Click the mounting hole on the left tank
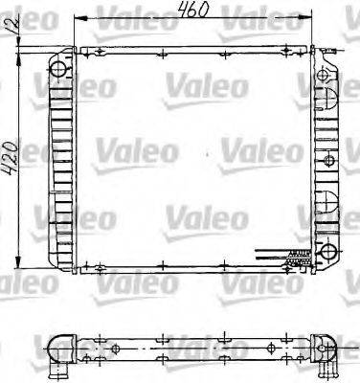click(x=59, y=68)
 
